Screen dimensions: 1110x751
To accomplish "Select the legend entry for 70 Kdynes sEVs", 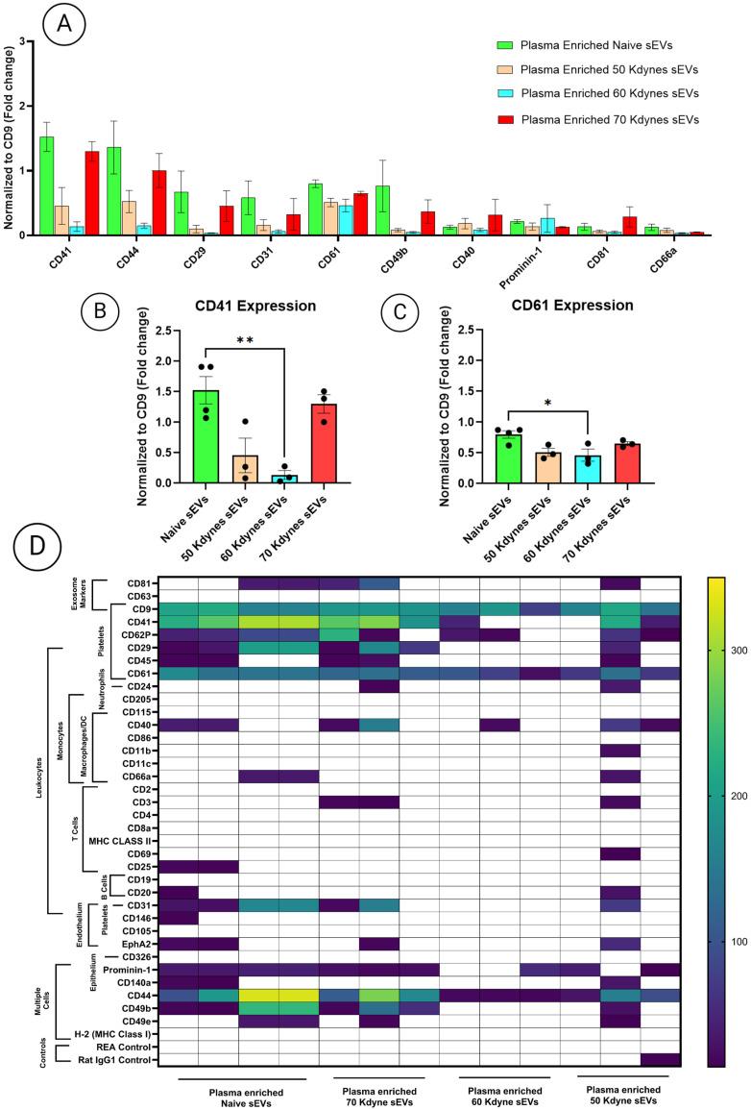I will [x=602, y=118].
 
